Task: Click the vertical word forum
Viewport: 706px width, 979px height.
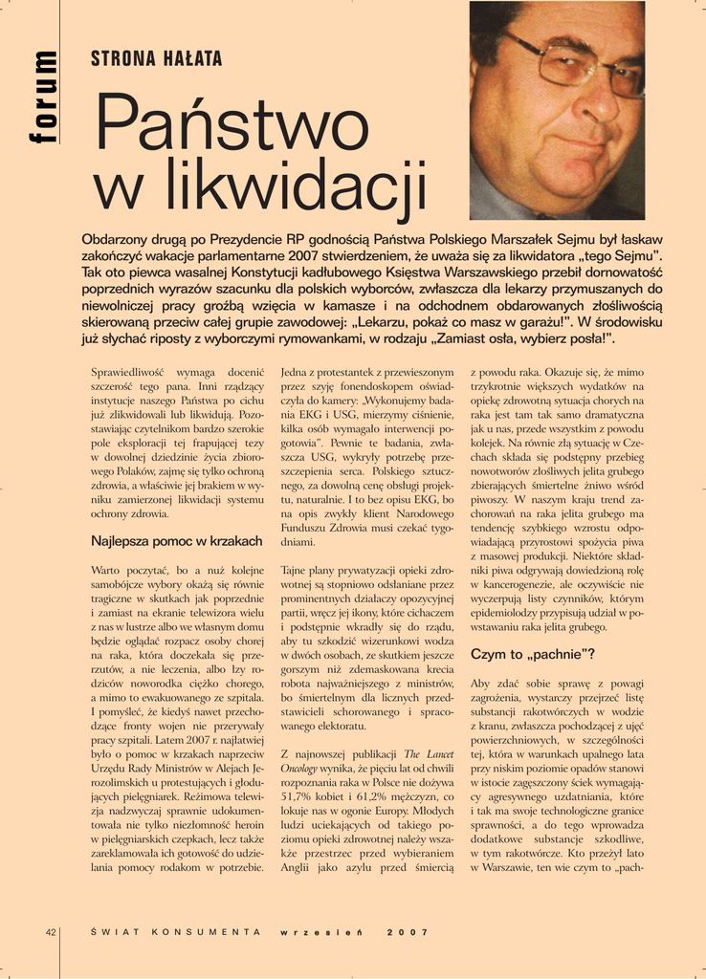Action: tap(43, 97)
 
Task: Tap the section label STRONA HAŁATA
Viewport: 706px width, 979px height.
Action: tap(156, 59)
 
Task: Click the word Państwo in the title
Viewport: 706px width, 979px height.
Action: tap(218, 121)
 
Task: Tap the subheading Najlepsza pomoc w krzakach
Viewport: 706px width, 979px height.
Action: tap(177, 541)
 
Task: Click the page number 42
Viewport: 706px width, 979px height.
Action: tap(52, 932)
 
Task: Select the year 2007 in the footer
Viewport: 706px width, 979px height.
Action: tap(408, 932)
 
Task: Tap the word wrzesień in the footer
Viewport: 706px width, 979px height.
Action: tap(320, 932)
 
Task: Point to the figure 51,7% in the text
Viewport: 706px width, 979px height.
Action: tap(301, 797)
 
